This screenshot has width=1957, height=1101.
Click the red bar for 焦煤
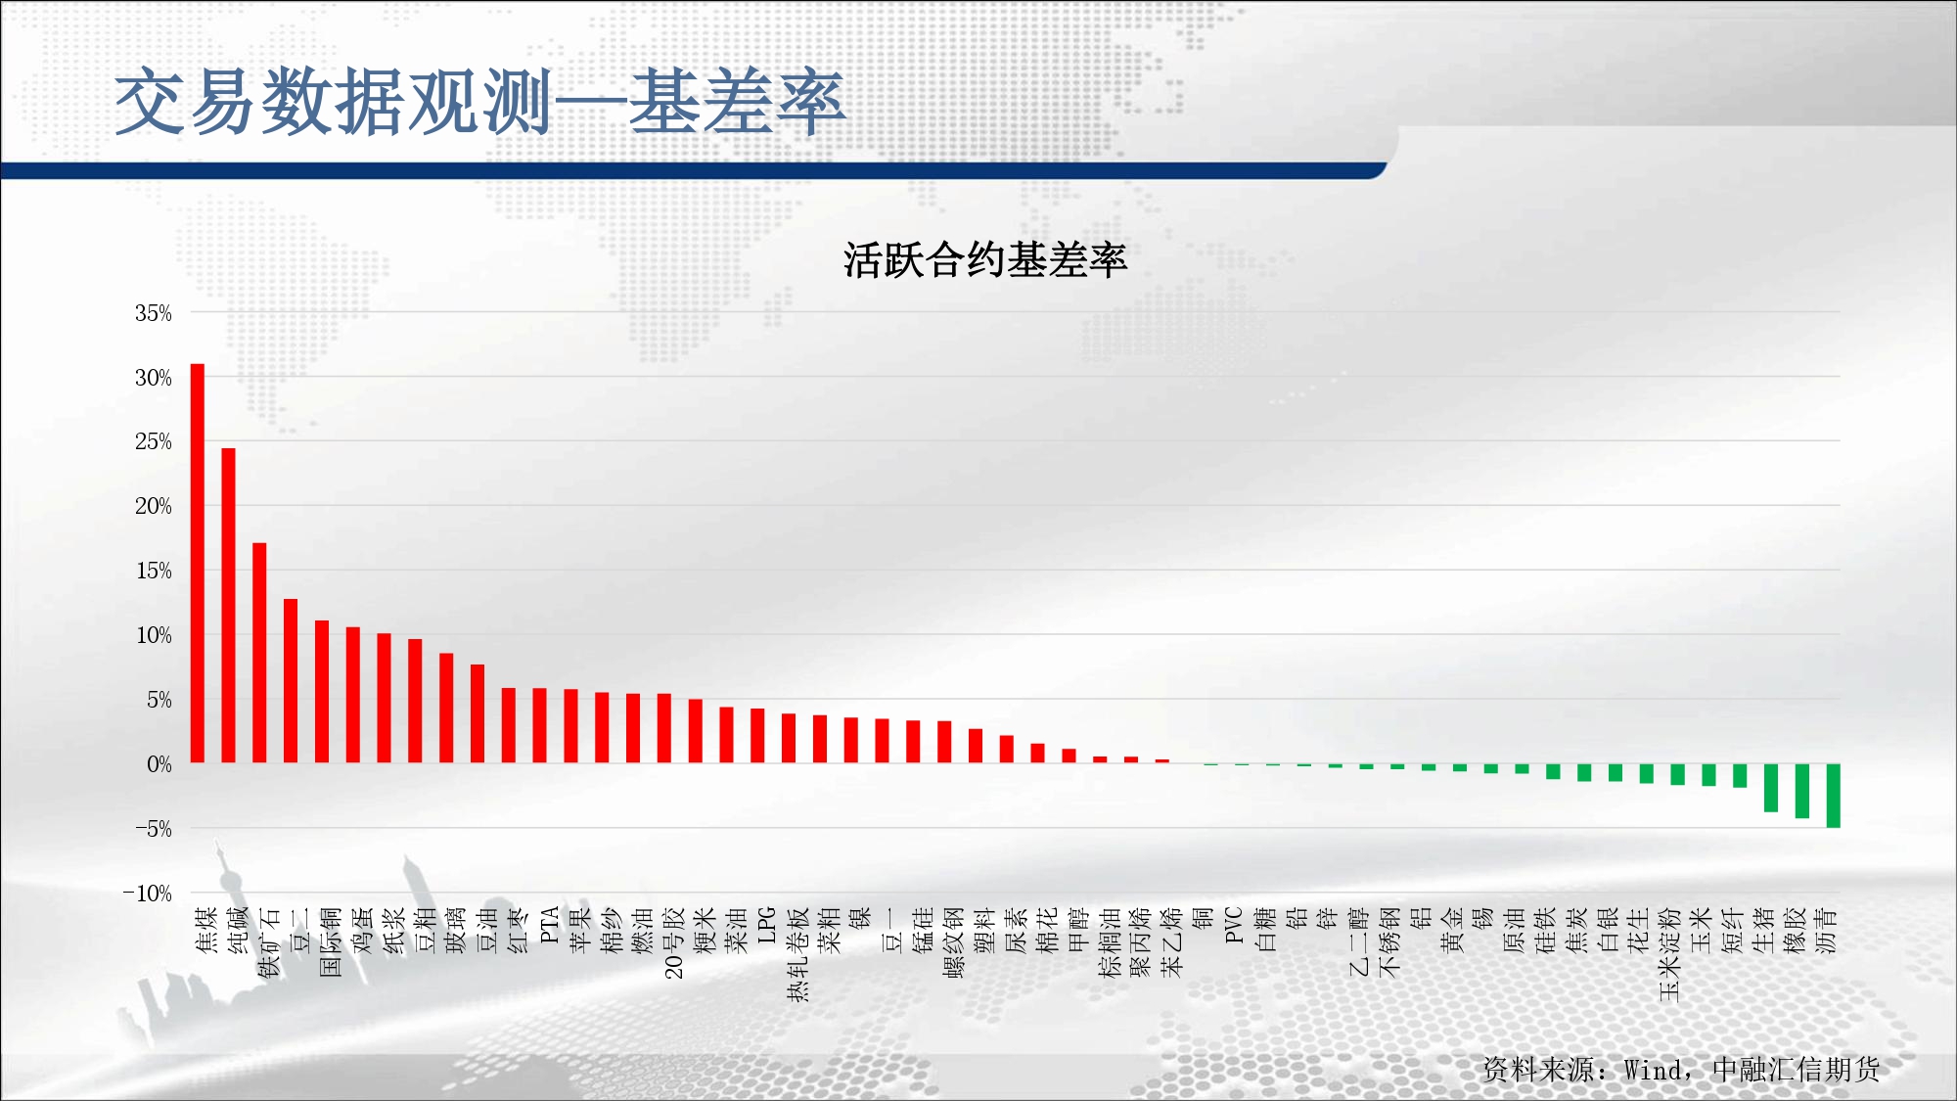(x=198, y=563)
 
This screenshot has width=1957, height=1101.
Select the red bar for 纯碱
(x=229, y=605)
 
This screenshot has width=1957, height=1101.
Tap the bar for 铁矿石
(x=259, y=653)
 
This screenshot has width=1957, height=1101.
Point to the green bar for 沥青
(x=1834, y=796)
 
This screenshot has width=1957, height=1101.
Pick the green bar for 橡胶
(x=1802, y=791)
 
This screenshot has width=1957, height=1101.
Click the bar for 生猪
(x=1771, y=788)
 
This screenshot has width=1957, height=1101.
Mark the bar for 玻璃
(x=446, y=708)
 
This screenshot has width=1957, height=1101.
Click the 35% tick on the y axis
(x=154, y=313)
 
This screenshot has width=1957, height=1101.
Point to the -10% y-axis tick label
(x=148, y=894)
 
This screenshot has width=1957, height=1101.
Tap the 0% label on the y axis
(x=159, y=764)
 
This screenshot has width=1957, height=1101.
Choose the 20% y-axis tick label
(x=154, y=506)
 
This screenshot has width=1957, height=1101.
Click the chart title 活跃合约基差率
(x=985, y=260)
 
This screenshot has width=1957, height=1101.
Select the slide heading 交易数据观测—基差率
(x=479, y=102)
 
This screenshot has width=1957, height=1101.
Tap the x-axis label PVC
(x=1233, y=926)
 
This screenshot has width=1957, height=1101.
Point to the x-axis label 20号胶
(x=673, y=942)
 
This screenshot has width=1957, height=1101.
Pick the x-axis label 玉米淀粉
(x=1669, y=954)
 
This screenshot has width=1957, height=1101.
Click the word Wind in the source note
(x=1653, y=1070)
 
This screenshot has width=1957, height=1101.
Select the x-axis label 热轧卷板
(x=797, y=954)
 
